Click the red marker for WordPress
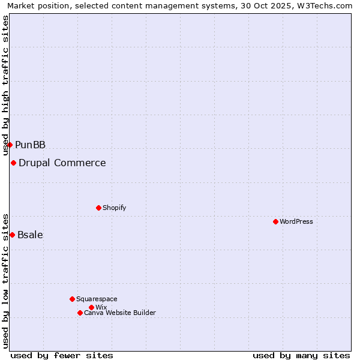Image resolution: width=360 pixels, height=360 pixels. tap(275, 221)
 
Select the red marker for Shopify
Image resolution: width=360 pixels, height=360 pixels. tap(98, 208)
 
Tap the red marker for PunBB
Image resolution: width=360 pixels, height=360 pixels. tap(10, 145)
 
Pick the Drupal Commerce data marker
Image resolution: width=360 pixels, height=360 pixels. tap(13, 163)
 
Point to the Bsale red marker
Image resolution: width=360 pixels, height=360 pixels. tap(12, 235)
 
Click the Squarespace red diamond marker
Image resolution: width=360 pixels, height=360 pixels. tap(72, 299)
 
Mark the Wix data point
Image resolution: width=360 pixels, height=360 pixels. tap(91, 307)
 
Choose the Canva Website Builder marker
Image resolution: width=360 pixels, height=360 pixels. tap(80, 313)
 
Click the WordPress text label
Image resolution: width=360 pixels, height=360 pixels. tap(296, 221)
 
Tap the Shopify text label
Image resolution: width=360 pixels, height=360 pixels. tap(115, 208)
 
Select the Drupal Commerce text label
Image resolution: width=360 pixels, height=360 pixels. tap(62, 163)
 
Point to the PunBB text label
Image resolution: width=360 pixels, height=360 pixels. tap(31, 145)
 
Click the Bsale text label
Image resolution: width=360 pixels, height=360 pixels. tap(31, 235)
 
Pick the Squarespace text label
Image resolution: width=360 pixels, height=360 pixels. tap(97, 299)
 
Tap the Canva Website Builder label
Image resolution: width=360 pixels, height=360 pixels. tap(120, 313)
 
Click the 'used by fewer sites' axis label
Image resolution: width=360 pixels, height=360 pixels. tap(62, 355)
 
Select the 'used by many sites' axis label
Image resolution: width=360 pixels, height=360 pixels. tap(301, 355)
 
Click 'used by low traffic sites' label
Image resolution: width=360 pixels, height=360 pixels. tap(6, 280)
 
